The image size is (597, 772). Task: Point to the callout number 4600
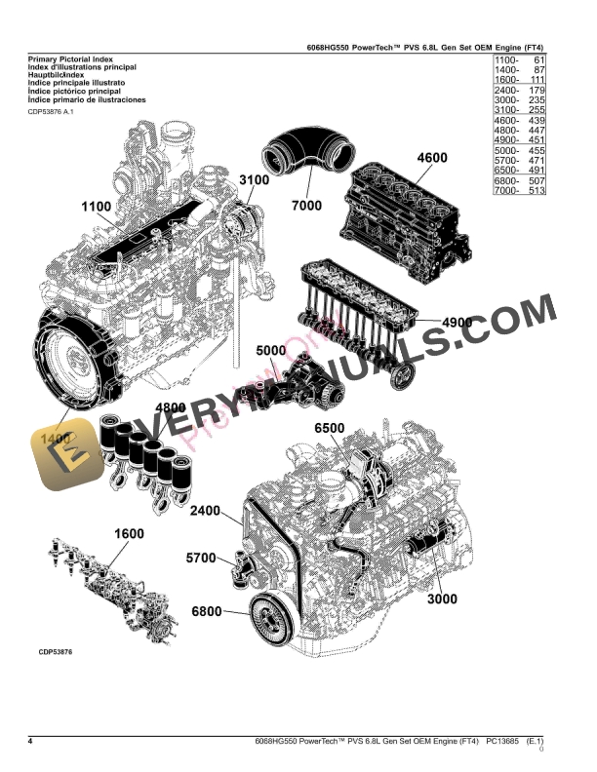pos(431,158)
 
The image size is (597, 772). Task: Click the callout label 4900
pos(457,323)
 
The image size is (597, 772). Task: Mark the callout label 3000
pos(441,598)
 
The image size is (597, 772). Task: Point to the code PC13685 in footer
pos(494,744)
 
